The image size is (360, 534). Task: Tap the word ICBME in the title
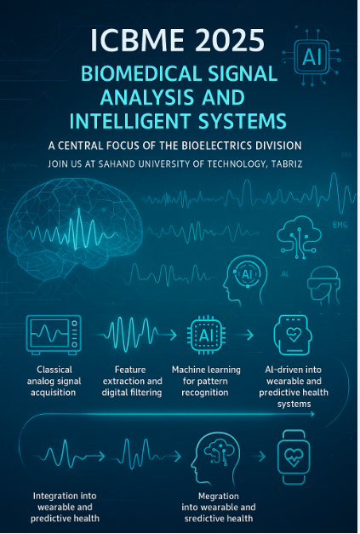coord(138,40)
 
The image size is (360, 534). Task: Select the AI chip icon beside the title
coord(311,56)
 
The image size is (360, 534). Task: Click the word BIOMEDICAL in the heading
coord(142,73)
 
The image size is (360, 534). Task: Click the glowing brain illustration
coord(74,230)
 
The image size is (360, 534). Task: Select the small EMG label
coord(340,225)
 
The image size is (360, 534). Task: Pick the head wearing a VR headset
coord(323,285)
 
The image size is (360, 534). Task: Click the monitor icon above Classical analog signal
coord(54,335)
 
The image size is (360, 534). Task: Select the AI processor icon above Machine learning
coord(206,335)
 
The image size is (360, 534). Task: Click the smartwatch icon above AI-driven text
coord(293,335)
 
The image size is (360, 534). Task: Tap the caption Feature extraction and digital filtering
coord(132,381)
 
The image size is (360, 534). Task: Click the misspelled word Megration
coord(219,496)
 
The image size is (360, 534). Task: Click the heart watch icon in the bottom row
coord(294,457)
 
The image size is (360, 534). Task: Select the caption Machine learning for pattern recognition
coord(206,381)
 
